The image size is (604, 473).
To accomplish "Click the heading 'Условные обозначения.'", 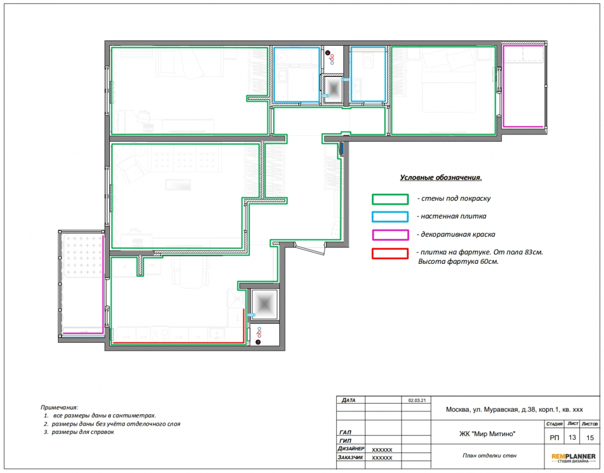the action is pos(441,177).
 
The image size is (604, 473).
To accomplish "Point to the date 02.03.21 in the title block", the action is pos(417,400).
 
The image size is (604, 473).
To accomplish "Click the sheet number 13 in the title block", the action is pos(572,437).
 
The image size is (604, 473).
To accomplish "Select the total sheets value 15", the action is pos(590,438).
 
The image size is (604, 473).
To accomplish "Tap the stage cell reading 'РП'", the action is pos(555,438).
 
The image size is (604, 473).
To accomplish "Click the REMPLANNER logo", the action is pos(573,458).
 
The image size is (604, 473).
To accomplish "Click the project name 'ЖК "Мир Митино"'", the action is pos(487,434).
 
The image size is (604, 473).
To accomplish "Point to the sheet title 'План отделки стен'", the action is pos(489,455).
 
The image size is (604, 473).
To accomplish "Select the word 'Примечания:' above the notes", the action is pos(59,407).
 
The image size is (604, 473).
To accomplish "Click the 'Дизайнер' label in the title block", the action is pos(350,449).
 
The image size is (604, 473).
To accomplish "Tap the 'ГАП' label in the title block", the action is pos(346,432).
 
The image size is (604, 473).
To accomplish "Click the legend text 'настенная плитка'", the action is pos(454,216).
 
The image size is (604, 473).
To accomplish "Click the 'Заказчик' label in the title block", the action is pos(350,457).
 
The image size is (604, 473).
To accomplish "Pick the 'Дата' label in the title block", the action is pos(348,400).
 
